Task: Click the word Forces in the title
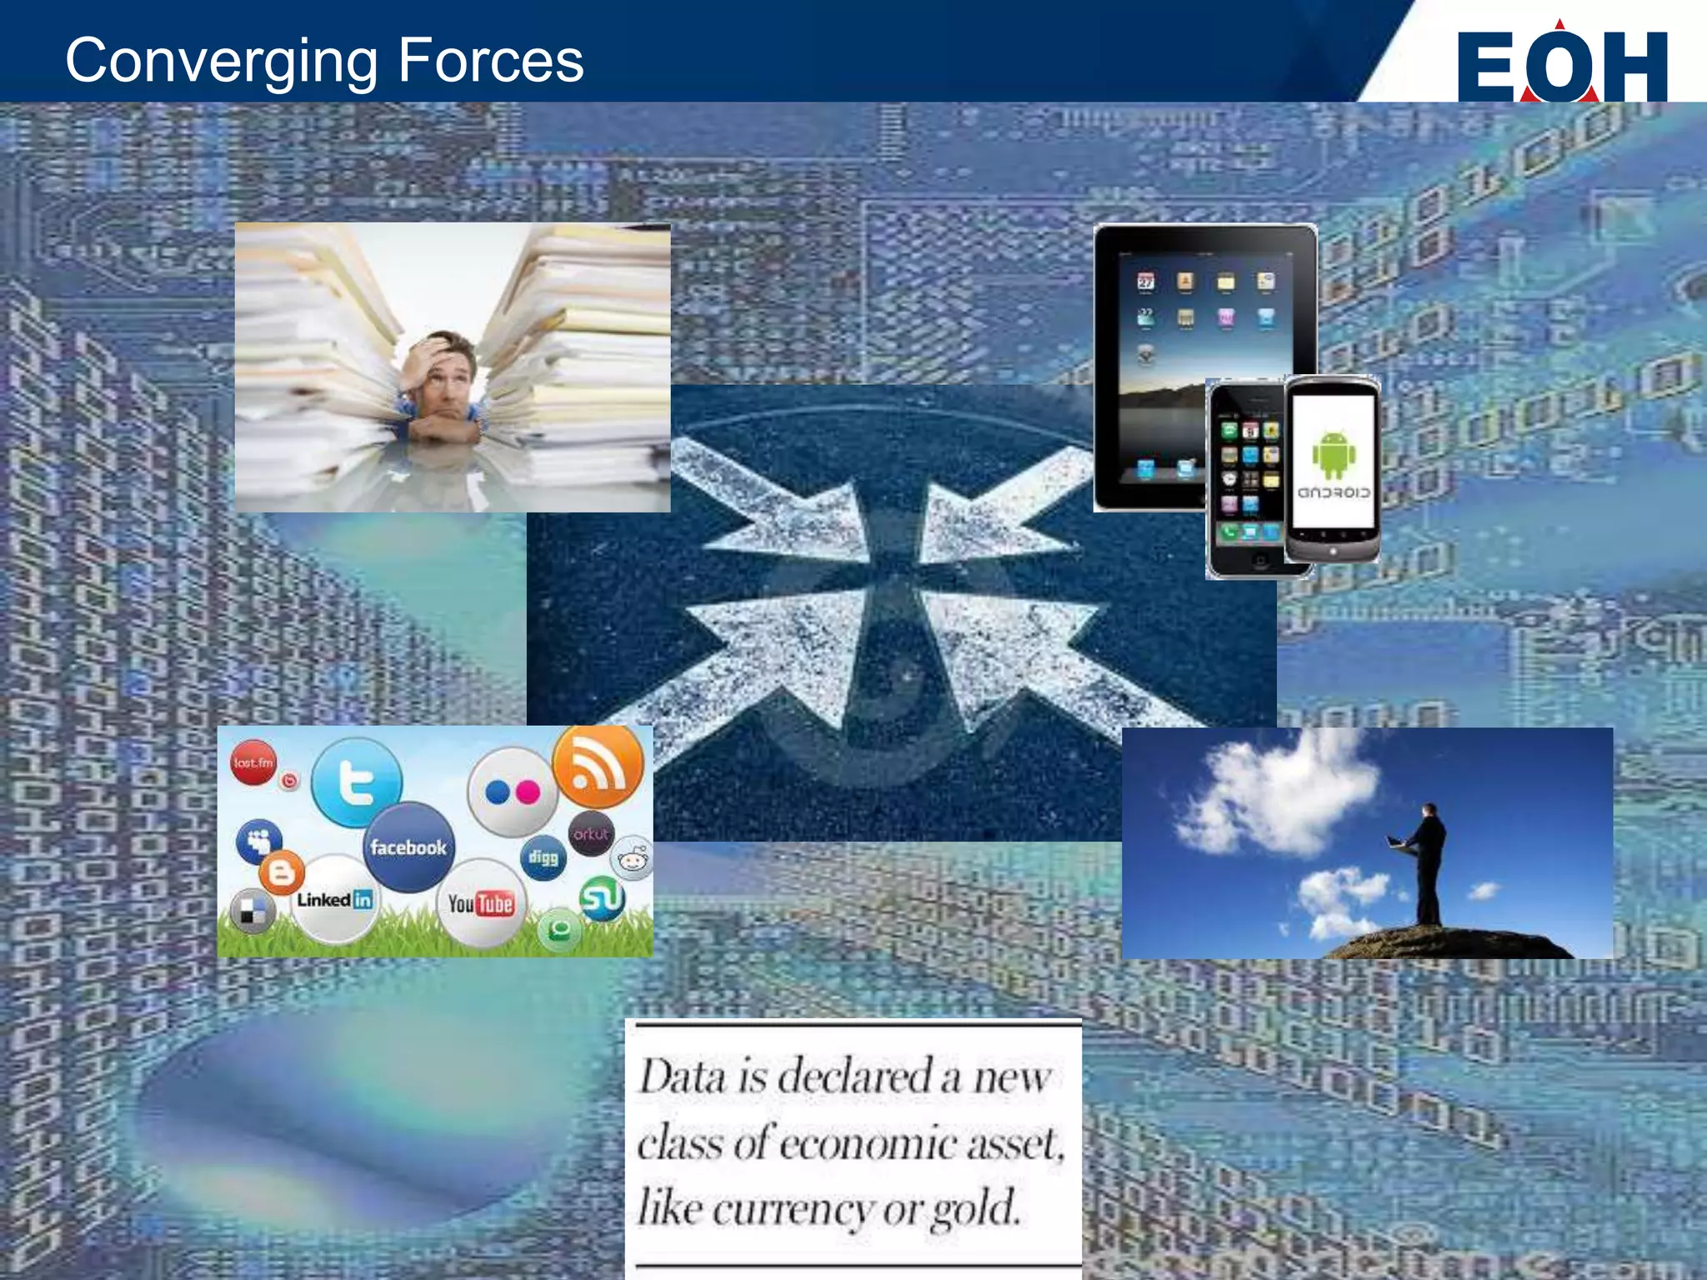[x=491, y=60]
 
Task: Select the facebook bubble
[x=408, y=847]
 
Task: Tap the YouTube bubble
[x=481, y=903]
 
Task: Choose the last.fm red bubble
[x=253, y=762]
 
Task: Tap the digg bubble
[x=543, y=857]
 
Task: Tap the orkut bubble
[x=591, y=833]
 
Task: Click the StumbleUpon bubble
[x=601, y=899]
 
